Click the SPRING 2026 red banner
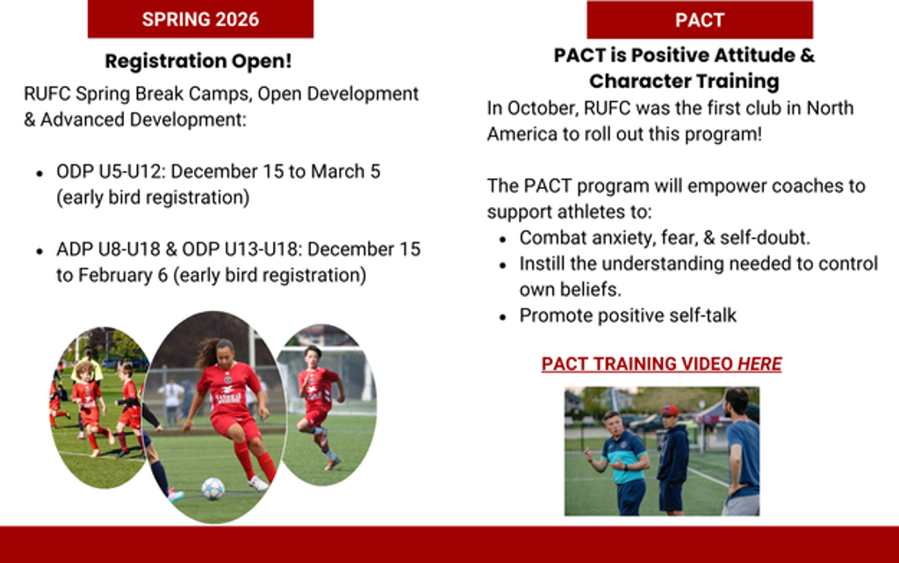(x=200, y=19)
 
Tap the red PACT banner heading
(x=700, y=20)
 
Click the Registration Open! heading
(x=198, y=61)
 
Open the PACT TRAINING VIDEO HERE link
(x=662, y=364)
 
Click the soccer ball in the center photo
(x=212, y=488)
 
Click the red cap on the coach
(x=669, y=410)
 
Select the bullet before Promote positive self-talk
(x=503, y=316)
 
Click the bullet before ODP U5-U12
(x=40, y=172)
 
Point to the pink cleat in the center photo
(x=176, y=494)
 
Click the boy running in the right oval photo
(x=318, y=404)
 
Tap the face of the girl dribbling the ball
(x=226, y=350)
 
